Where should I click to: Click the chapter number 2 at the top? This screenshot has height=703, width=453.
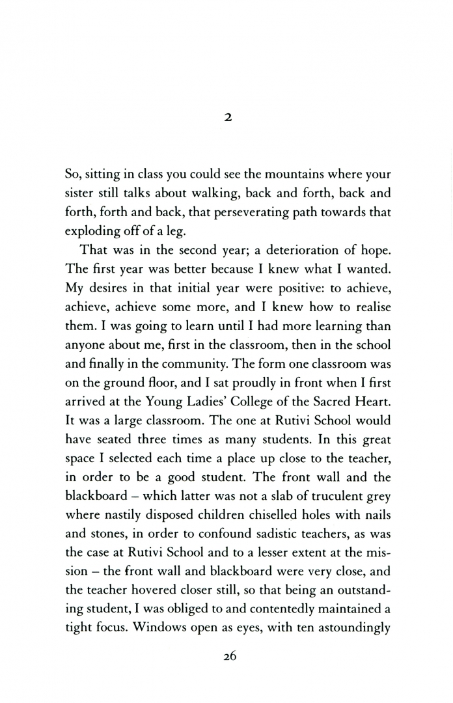(227, 118)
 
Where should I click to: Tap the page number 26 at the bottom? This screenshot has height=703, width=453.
(227, 657)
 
